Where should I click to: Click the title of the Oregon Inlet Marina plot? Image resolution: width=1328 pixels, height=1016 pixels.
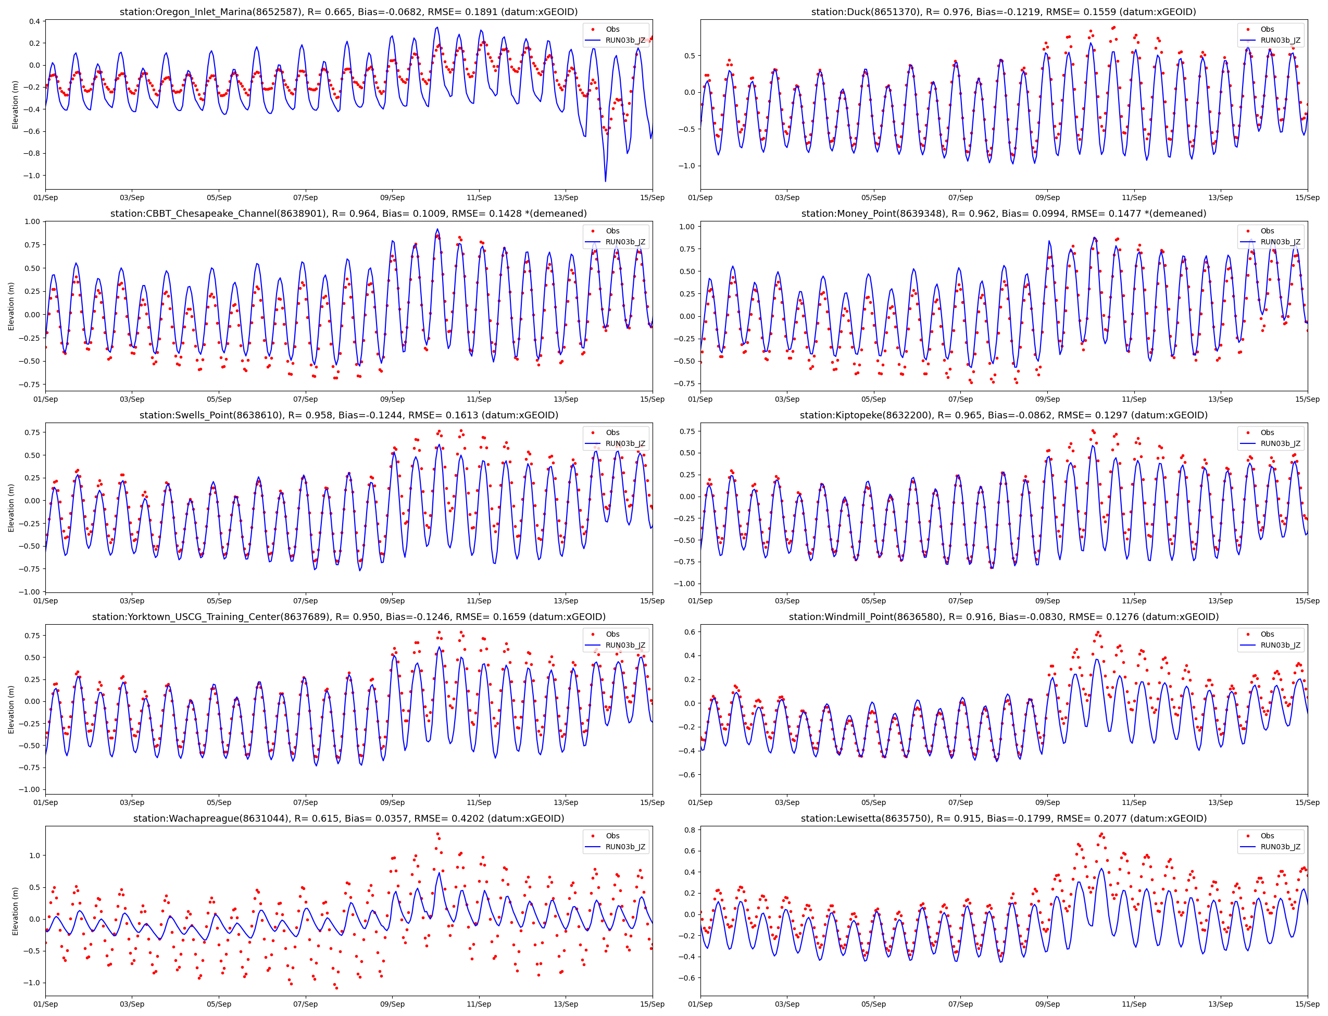348,12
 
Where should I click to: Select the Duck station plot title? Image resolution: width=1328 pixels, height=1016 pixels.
1004,12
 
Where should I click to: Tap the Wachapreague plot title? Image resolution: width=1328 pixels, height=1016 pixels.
348,818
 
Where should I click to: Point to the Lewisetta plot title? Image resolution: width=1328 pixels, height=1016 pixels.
1004,818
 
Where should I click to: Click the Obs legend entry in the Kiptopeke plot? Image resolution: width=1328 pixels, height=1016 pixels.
1267,432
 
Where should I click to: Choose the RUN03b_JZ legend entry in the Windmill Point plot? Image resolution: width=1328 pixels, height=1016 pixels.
1280,645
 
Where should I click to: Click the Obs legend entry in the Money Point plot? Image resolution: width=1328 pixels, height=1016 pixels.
1267,231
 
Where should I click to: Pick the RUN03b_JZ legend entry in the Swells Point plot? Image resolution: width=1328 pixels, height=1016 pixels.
625,443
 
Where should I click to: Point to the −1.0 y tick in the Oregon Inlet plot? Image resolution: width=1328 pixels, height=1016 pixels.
34,176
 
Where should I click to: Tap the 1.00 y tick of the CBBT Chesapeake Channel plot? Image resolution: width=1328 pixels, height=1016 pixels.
32,222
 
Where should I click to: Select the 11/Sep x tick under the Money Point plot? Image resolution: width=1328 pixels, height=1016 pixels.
1133,399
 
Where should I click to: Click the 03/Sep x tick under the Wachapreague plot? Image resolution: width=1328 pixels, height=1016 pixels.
132,1004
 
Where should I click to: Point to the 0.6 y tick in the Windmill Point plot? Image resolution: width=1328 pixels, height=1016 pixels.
689,632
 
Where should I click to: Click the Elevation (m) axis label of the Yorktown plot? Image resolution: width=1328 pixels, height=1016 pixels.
11,710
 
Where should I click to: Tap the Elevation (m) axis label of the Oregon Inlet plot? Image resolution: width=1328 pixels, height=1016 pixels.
16,105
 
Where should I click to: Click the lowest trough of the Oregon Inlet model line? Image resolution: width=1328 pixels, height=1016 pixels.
605,181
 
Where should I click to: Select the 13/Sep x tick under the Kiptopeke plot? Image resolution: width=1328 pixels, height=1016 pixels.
1220,601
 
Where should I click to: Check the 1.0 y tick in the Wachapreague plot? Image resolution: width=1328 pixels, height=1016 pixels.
34,856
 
